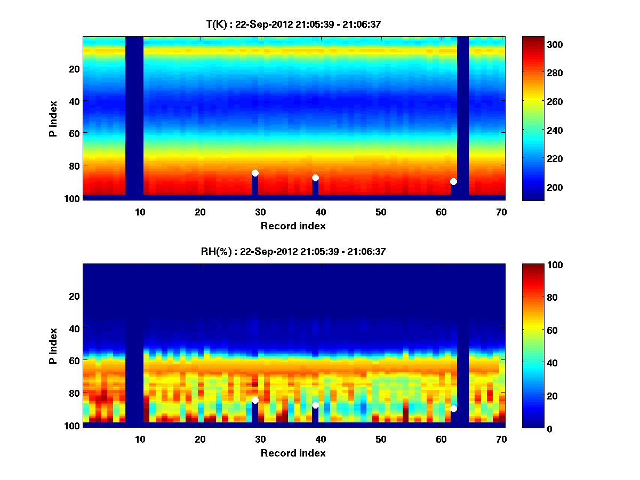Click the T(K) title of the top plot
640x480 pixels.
[293, 24]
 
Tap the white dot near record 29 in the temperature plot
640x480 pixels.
[255, 173]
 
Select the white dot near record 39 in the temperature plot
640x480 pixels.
[315, 178]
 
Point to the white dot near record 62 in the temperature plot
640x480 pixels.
[453, 181]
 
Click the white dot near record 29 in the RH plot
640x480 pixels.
[255, 400]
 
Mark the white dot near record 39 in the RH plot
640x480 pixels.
[315, 405]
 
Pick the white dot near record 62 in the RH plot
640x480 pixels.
[453, 409]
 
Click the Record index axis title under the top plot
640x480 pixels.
[293, 226]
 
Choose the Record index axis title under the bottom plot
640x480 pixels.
[293, 453]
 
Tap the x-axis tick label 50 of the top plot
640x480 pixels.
[381, 212]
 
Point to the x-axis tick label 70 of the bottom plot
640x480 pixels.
[501, 439]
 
